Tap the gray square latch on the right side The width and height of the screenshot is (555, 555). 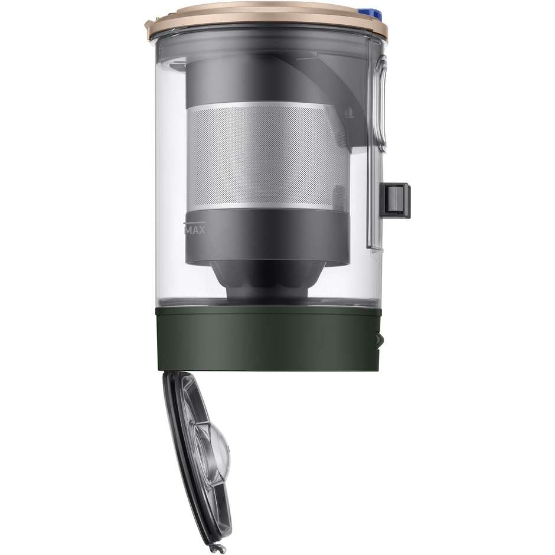(x=395, y=200)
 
